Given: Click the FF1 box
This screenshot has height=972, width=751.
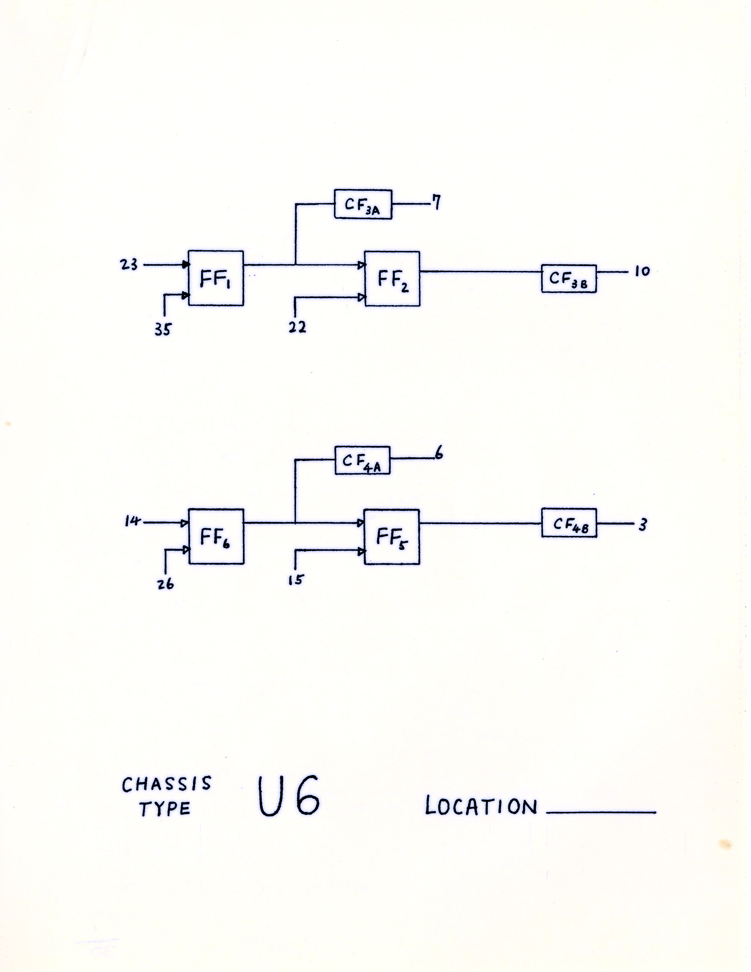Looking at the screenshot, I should click(216, 278).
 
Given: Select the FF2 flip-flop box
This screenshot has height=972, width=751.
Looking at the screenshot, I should click(392, 279).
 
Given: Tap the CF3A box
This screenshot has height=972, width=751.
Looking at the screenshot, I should click(363, 204).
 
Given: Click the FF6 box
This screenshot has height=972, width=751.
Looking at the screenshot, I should click(216, 536).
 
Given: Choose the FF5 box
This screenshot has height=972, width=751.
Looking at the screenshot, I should click(392, 537).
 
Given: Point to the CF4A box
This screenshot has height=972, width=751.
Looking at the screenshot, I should click(362, 460).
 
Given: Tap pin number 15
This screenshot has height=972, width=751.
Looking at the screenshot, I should click(295, 580).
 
